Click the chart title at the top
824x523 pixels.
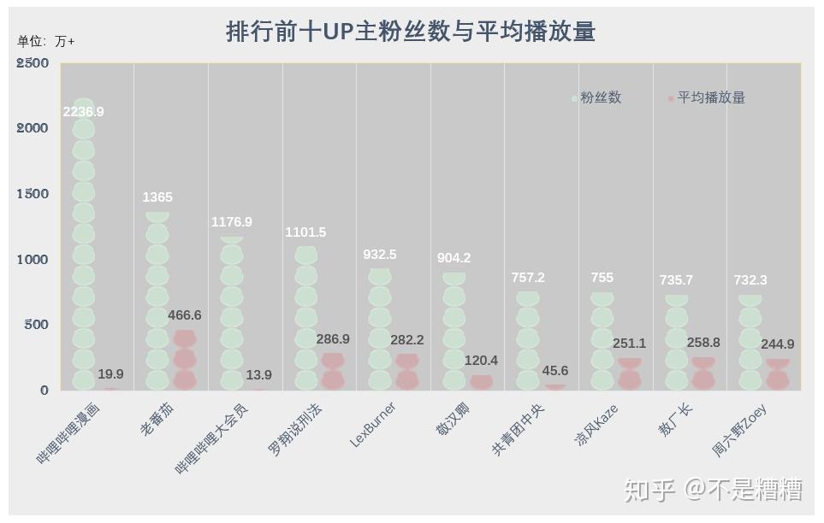[x=411, y=31]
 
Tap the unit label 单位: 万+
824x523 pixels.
[x=45, y=41]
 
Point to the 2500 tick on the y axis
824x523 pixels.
[x=32, y=63]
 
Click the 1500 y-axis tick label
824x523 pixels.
[x=32, y=194]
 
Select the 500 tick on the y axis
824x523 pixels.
[x=36, y=325]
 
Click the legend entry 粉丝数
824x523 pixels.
[x=597, y=97]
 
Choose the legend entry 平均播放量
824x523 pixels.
[x=707, y=97]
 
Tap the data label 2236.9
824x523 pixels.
[x=84, y=112]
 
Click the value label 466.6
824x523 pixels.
[x=185, y=315]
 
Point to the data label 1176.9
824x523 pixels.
[x=232, y=222]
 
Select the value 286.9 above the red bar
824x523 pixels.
[x=333, y=339]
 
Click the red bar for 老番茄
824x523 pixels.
[x=185, y=360]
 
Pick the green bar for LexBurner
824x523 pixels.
[x=379, y=329]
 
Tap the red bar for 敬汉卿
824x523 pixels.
[x=481, y=382]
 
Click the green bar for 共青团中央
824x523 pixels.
[x=528, y=341]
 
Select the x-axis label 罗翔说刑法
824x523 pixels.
[x=294, y=431]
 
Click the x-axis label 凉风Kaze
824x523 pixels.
[x=596, y=426]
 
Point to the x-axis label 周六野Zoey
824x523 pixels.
[x=739, y=430]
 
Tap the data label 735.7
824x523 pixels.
[x=676, y=280]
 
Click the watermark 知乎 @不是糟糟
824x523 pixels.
[x=713, y=490]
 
